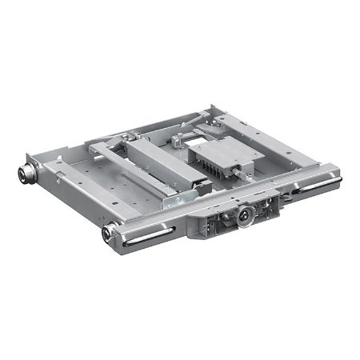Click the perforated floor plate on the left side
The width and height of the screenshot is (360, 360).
[x=80, y=180]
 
